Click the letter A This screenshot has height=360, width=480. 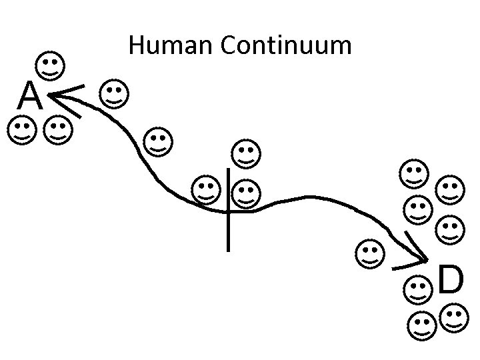pyautogui.click(x=31, y=97)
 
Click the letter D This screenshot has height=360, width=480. pyautogui.click(x=451, y=281)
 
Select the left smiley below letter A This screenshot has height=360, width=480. pyautogui.click(x=22, y=131)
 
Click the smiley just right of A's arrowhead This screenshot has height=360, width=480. pyautogui.click(x=114, y=95)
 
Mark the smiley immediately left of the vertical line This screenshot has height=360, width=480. pyautogui.click(x=205, y=190)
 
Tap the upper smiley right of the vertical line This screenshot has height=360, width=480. pyautogui.click(x=246, y=153)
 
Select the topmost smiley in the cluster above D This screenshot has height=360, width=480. pyautogui.click(x=414, y=173)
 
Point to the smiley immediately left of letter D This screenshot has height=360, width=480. pyautogui.click(x=419, y=289)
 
